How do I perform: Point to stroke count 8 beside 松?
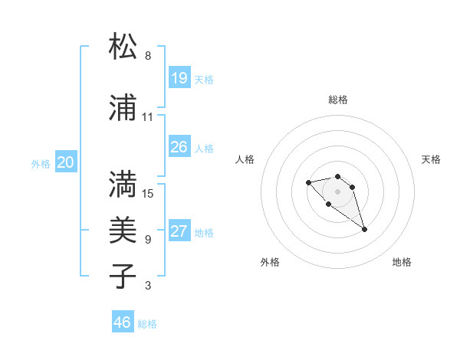pyautogui.click(x=148, y=56)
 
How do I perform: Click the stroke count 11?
pyautogui.click(x=147, y=117)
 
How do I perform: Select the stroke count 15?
pyautogui.click(x=147, y=193)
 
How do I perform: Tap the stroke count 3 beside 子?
pyautogui.click(x=148, y=286)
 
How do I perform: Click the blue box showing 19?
pyautogui.click(x=179, y=78)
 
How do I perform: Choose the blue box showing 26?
pyautogui.click(x=179, y=147)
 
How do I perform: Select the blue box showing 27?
pyautogui.click(x=179, y=231)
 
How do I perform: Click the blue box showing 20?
pyautogui.click(x=66, y=162)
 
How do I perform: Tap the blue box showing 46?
pyautogui.click(x=123, y=322)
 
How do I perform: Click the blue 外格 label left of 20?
pyautogui.click(x=41, y=164)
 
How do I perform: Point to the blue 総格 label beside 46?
pyautogui.click(x=147, y=324)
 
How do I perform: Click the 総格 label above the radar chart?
pyautogui.click(x=338, y=100)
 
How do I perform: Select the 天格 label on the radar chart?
pyautogui.click(x=432, y=159)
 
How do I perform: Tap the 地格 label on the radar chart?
pyautogui.click(x=402, y=263)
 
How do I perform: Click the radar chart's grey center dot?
pyautogui.click(x=337, y=191)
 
